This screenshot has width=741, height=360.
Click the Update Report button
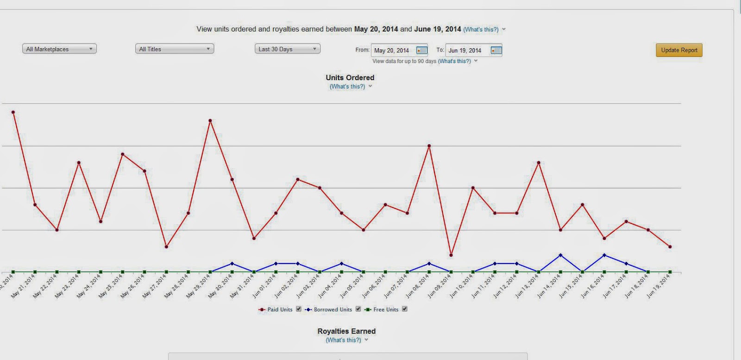679,50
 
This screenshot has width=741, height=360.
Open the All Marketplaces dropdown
59,49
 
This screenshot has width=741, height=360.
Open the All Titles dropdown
175,49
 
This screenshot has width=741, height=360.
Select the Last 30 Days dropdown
287,49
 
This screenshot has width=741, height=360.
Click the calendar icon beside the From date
421,51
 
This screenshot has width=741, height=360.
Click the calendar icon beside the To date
496,51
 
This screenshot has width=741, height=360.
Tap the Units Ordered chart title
350,77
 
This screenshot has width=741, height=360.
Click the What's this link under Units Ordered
347,87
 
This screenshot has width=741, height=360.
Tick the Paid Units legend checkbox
299,309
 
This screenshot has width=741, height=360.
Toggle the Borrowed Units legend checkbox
358,309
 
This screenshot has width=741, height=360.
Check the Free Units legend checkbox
404,309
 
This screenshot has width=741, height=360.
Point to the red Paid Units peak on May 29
210,120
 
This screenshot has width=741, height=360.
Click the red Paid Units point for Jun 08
429,146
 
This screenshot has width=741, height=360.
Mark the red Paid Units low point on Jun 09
451,255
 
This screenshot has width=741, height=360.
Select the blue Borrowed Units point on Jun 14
560,255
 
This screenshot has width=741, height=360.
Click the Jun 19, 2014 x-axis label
658,286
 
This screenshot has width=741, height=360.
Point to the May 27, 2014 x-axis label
155,286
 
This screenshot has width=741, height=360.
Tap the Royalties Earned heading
346,331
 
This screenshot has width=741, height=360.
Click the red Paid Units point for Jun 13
539,163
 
